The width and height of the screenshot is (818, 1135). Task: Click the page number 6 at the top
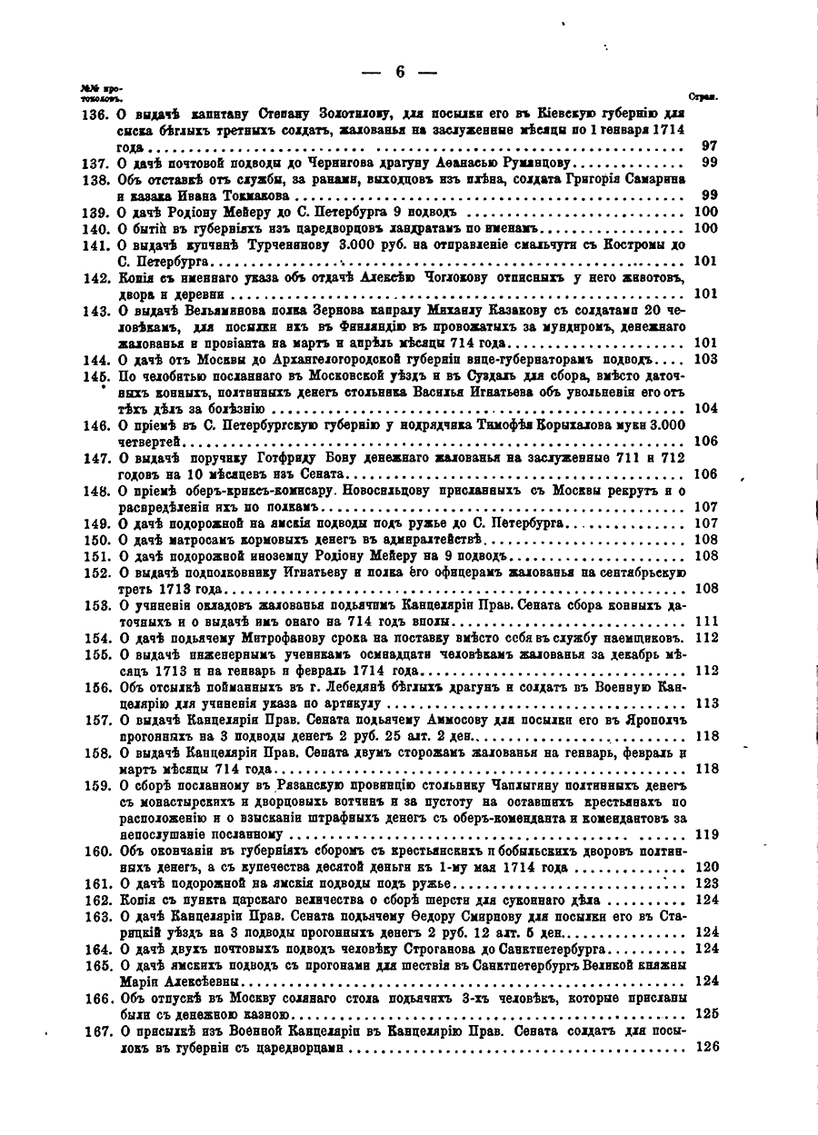click(400, 74)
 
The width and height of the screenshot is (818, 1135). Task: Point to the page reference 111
click(706, 622)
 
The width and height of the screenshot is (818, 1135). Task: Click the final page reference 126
click(706, 1047)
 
